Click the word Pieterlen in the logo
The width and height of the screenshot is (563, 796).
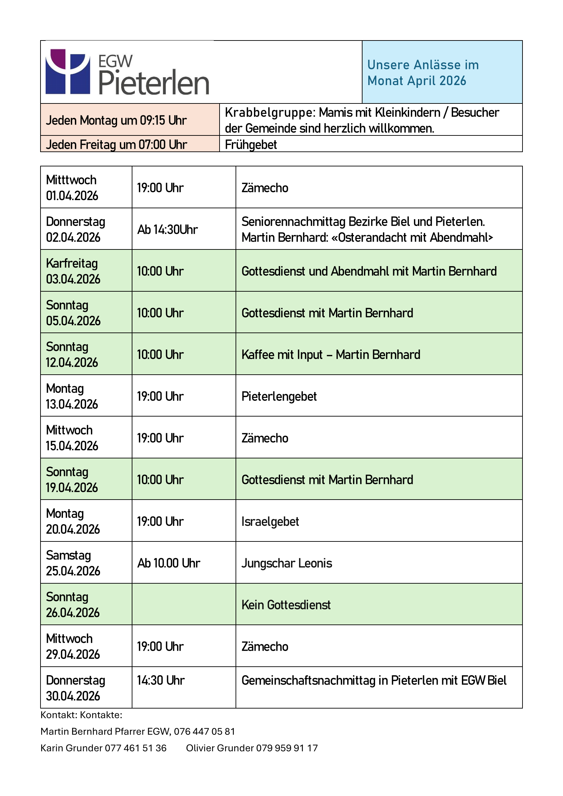154,83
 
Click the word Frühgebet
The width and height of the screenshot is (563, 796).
251,145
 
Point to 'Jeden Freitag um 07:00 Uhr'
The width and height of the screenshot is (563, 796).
116,145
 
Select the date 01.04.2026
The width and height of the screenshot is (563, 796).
72,196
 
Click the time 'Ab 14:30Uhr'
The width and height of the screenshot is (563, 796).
167,229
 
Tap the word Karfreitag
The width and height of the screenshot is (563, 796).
72,263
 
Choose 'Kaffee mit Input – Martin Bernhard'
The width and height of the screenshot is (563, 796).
331,355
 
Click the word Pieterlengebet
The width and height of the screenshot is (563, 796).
279,396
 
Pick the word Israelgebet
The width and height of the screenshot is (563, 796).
270,522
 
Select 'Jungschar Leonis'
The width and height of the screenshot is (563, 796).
287,563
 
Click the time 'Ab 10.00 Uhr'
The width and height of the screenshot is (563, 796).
169,563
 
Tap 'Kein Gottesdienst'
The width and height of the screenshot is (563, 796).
286,605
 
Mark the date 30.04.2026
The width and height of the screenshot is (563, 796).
73,696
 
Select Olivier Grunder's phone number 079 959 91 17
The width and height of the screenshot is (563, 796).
287,748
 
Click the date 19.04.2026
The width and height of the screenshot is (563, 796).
72,488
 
